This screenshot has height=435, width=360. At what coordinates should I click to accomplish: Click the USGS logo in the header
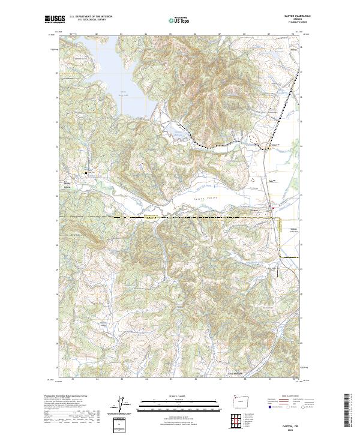(x=54, y=19)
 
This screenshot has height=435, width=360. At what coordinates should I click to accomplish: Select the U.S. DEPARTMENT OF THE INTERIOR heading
(x=91, y=17)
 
